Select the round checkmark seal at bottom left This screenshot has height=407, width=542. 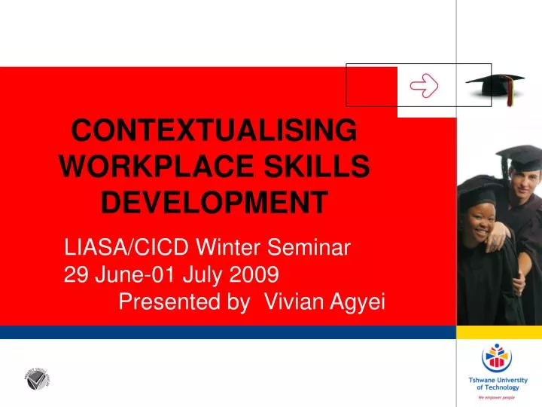click(x=36, y=378)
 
